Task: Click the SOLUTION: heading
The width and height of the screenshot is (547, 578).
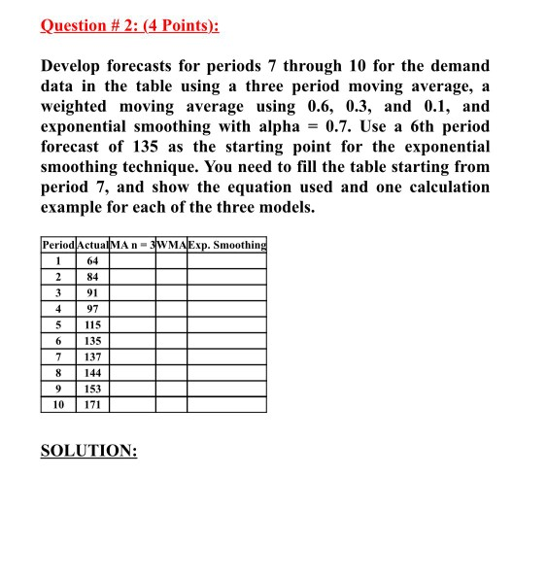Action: tap(88, 451)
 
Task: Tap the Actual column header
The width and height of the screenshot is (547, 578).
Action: tap(93, 244)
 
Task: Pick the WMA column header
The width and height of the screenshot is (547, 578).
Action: tap(171, 244)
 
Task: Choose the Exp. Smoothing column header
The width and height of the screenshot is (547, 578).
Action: tap(226, 244)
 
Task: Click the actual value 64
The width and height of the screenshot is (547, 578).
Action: tap(93, 260)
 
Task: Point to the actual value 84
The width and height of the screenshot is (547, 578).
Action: tap(93, 276)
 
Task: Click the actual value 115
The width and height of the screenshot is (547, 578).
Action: tap(93, 324)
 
